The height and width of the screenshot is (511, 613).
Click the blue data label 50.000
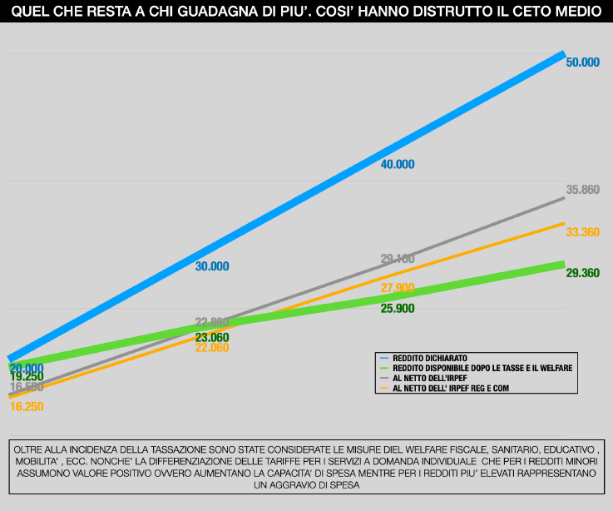coord(582,62)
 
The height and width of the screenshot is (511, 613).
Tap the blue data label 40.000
coord(397,164)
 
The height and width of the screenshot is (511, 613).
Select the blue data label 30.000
coord(211,266)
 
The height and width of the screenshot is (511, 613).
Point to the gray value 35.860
coord(582,190)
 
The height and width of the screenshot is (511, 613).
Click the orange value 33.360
coord(582,232)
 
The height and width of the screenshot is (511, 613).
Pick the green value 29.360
coord(582,273)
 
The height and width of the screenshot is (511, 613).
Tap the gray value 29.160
coord(397,259)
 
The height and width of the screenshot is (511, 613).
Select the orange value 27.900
coord(397,288)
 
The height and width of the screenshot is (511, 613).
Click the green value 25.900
coord(397,308)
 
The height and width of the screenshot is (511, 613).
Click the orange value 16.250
coord(26,407)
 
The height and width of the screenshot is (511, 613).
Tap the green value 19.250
coord(26,377)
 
